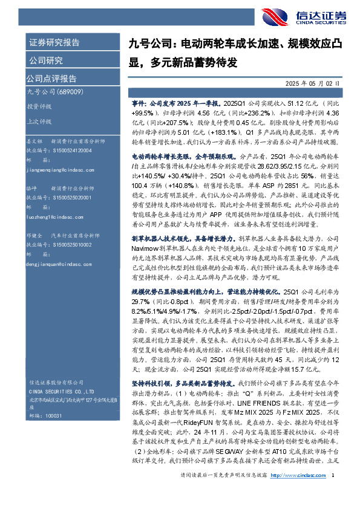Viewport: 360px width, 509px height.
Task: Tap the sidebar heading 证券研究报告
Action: (54, 43)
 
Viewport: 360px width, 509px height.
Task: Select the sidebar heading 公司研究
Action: (47, 60)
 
